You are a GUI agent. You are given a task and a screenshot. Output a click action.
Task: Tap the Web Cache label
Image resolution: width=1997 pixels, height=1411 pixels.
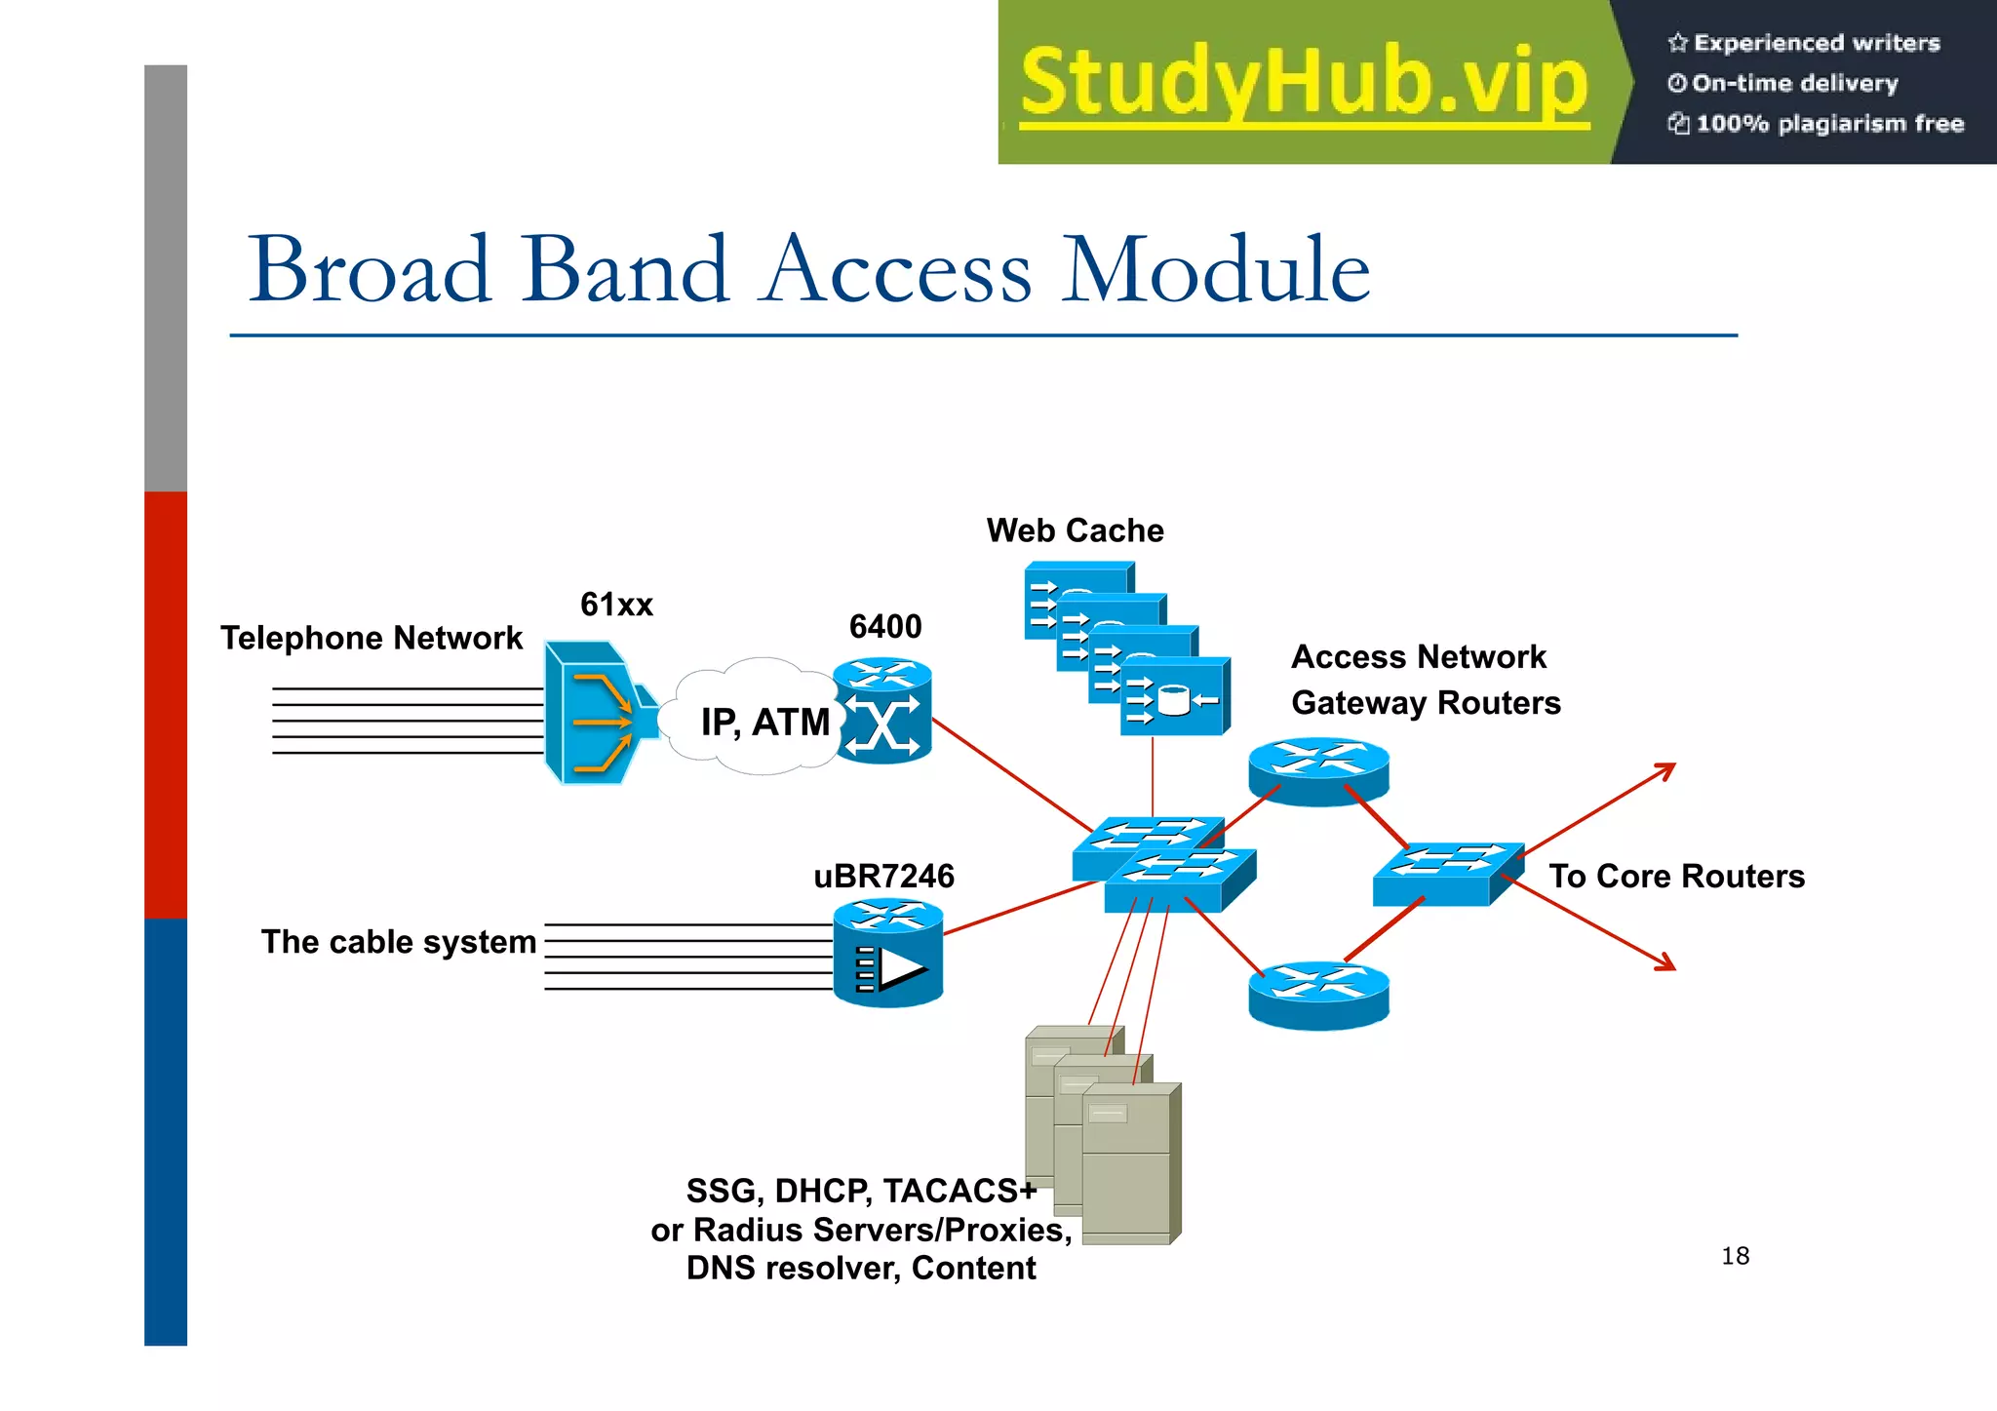(1075, 530)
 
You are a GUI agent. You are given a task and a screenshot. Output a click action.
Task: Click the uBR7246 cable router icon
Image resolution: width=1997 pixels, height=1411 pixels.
(887, 954)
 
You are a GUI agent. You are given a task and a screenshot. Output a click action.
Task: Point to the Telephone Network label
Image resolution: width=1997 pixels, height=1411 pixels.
(372, 638)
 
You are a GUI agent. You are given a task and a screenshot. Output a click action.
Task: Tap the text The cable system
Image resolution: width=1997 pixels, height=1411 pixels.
(399, 942)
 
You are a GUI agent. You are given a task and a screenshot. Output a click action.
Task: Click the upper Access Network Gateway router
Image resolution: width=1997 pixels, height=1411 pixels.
(1318, 770)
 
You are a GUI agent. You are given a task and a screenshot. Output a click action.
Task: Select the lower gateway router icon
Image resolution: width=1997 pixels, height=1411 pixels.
(1318, 995)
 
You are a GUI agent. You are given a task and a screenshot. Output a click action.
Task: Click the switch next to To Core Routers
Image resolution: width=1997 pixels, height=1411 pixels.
(1447, 874)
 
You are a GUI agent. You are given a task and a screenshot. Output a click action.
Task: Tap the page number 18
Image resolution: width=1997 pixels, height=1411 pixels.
(1735, 1256)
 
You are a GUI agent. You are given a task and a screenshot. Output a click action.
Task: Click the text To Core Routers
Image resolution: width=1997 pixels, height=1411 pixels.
(1676, 876)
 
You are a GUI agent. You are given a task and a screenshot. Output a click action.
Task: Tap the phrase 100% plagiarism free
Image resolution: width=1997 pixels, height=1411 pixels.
(1829, 124)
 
